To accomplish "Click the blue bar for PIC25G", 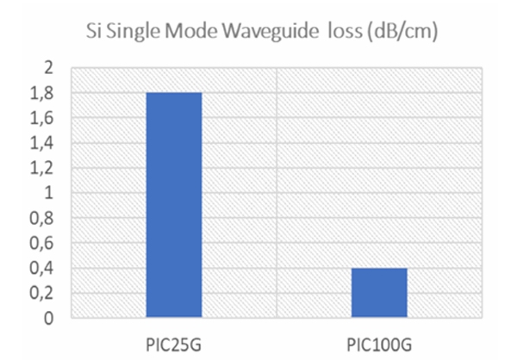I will point(173,205).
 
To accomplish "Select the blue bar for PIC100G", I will point(379,293).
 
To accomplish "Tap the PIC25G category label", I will point(173,338).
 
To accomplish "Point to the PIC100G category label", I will point(379,338).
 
